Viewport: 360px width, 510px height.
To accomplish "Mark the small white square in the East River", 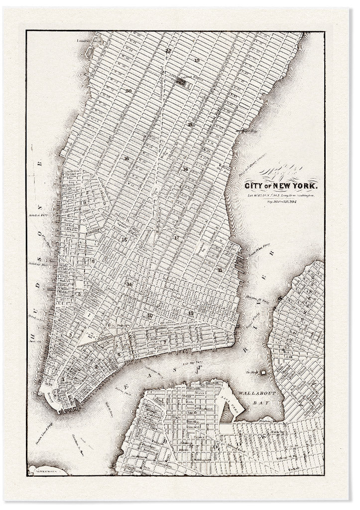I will (263, 372).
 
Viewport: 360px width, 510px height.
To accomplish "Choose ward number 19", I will (197, 60).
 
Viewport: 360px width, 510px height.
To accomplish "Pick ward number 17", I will (177, 238).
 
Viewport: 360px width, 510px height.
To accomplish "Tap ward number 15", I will (124, 240).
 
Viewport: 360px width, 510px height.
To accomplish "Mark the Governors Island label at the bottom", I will (47, 470).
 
